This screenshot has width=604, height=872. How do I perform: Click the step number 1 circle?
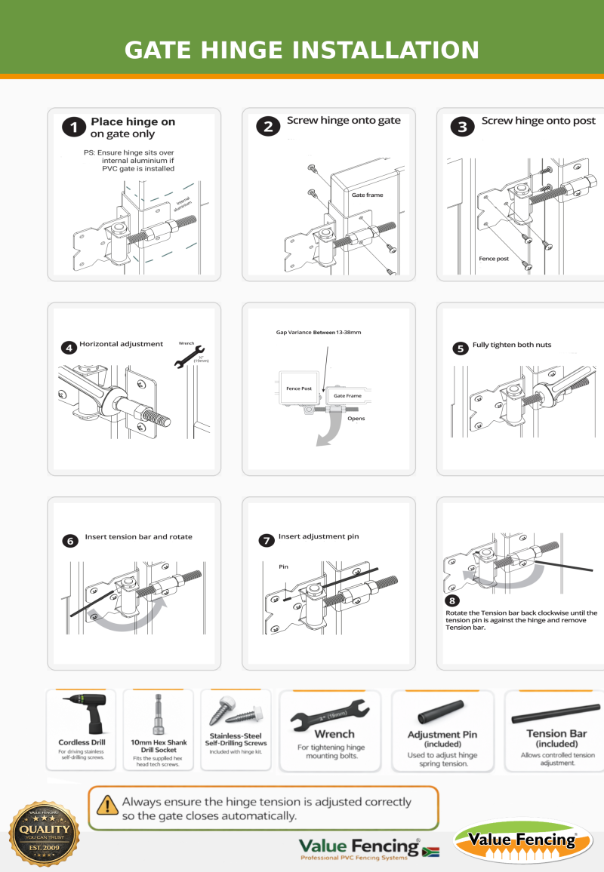(x=73, y=127)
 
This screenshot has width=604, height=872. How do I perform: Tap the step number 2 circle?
(x=268, y=126)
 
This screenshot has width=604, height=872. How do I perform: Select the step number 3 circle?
(x=463, y=126)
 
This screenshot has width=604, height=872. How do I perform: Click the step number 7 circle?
(x=266, y=540)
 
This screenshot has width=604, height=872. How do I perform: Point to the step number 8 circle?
(x=452, y=601)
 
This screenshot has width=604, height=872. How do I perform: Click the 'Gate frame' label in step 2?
(x=367, y=195)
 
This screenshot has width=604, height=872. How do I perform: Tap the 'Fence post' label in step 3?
(x=494, y=258)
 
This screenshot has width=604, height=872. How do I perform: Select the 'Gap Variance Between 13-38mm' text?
(x=317, y=332)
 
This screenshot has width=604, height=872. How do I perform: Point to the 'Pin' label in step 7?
(x=284, y=566)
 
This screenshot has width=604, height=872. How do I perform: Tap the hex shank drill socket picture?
(x=158, y=714)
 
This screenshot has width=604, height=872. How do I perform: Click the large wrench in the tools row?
(x=330, y=714)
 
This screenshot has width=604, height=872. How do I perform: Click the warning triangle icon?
(x=108, y=805)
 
